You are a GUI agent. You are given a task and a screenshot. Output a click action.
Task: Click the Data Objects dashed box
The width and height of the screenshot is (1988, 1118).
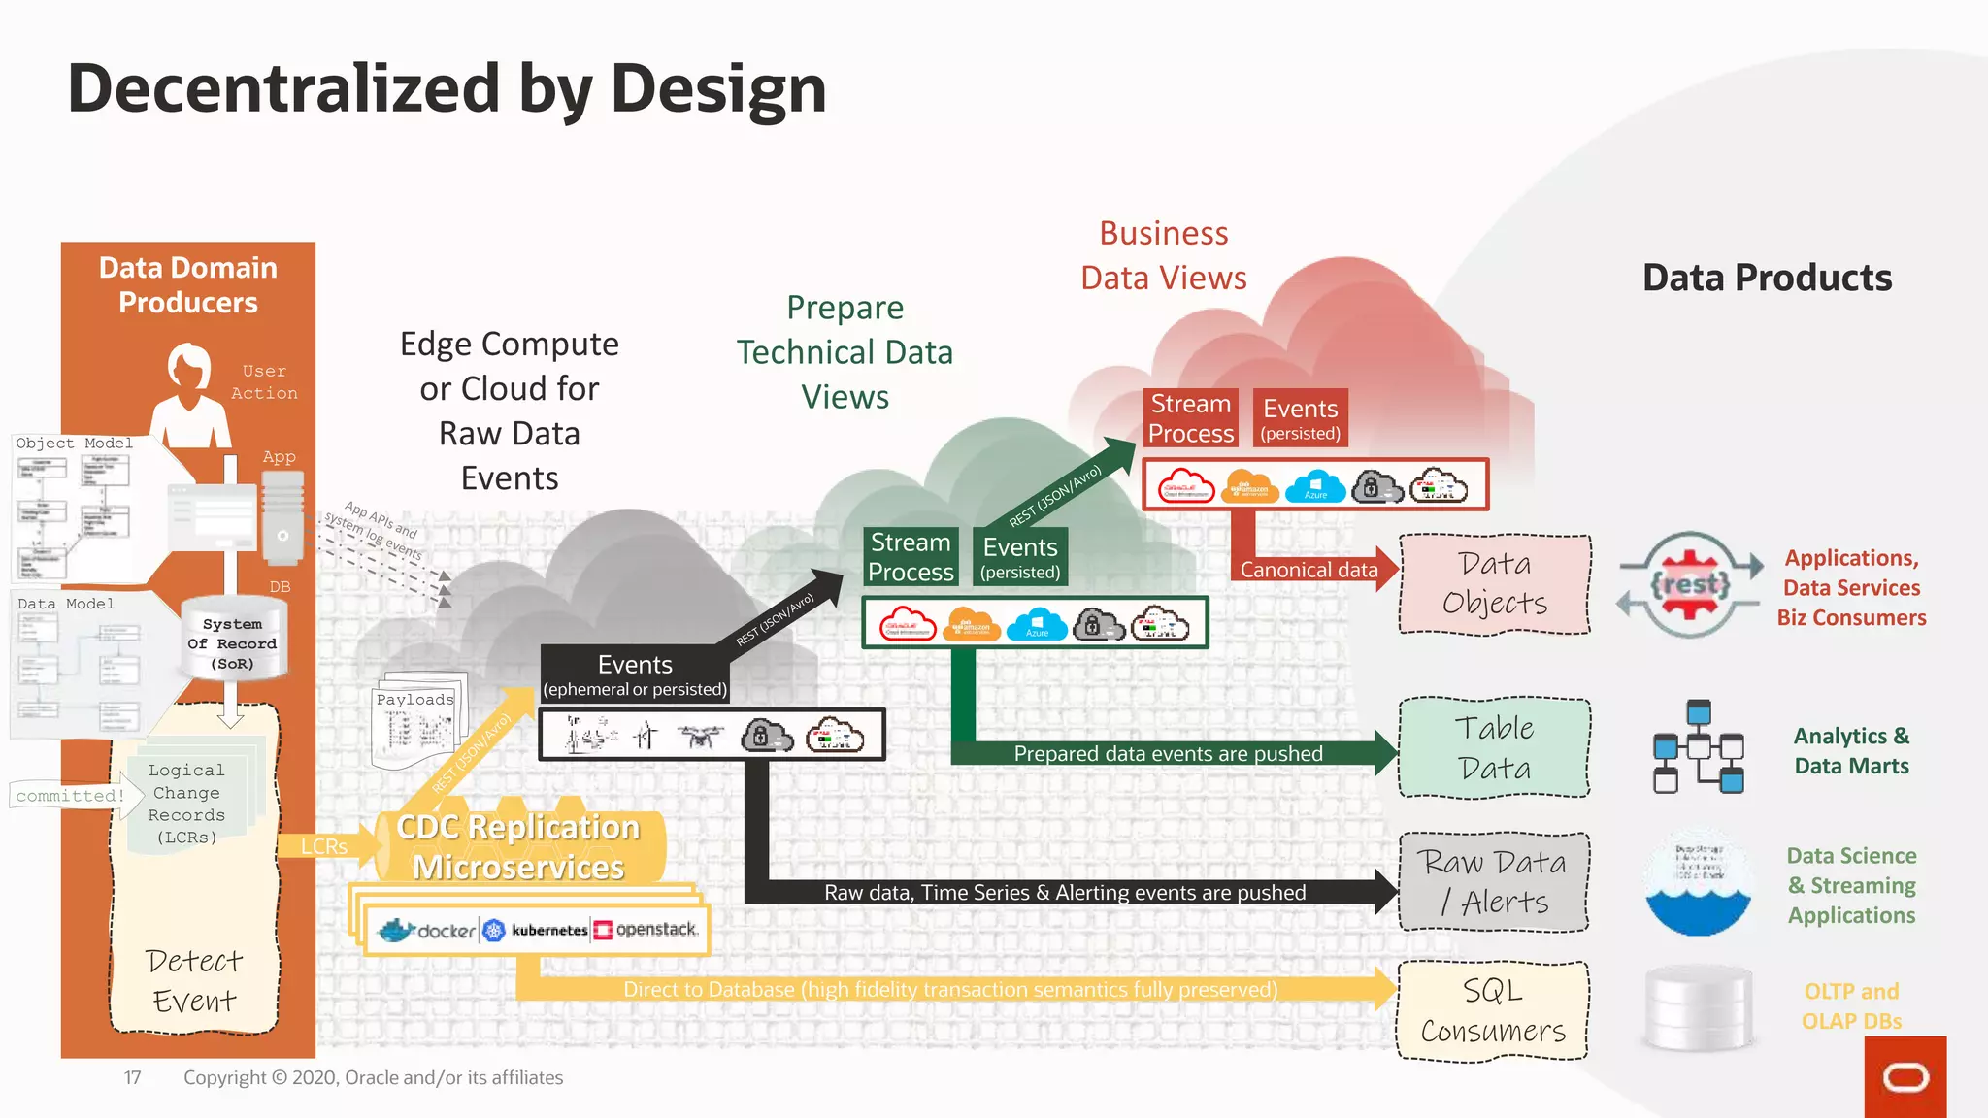(1494, 584)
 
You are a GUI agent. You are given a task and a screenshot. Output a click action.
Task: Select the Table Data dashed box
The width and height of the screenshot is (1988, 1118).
(1494, 748)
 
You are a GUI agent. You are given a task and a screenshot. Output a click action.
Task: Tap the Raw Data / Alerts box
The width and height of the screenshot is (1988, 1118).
(1494, 882)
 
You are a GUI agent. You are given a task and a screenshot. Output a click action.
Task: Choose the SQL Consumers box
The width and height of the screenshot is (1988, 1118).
(1493, 1011)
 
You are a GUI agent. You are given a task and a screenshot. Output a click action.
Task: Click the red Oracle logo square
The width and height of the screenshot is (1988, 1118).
(1905, 1077)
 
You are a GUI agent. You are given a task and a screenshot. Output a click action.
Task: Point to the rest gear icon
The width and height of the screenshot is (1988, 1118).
(1690, 584)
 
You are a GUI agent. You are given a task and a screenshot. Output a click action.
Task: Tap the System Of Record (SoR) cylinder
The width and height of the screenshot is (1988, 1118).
(233, 642)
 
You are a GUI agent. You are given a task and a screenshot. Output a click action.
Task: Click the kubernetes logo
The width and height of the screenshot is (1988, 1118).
(536, 931)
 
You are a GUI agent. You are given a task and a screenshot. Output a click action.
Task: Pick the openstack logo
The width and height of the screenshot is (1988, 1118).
(646, 930)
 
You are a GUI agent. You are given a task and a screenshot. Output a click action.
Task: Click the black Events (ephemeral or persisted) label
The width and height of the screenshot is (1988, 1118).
(635, 674)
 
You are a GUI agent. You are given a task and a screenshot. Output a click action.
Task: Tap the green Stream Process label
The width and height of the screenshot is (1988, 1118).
(911, 557)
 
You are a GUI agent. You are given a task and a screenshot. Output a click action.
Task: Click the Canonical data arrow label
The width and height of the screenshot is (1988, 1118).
(1309, 570)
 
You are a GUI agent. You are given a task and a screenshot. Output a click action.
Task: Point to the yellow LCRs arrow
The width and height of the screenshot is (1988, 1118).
(324, 846)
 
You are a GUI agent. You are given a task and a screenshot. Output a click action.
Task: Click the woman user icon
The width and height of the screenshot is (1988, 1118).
(190, 393)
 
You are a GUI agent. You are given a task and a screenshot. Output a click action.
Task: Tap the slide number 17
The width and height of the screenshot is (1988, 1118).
(132, 1077)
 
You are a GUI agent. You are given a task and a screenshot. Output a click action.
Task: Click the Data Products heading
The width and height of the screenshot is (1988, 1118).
(1767, 278)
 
